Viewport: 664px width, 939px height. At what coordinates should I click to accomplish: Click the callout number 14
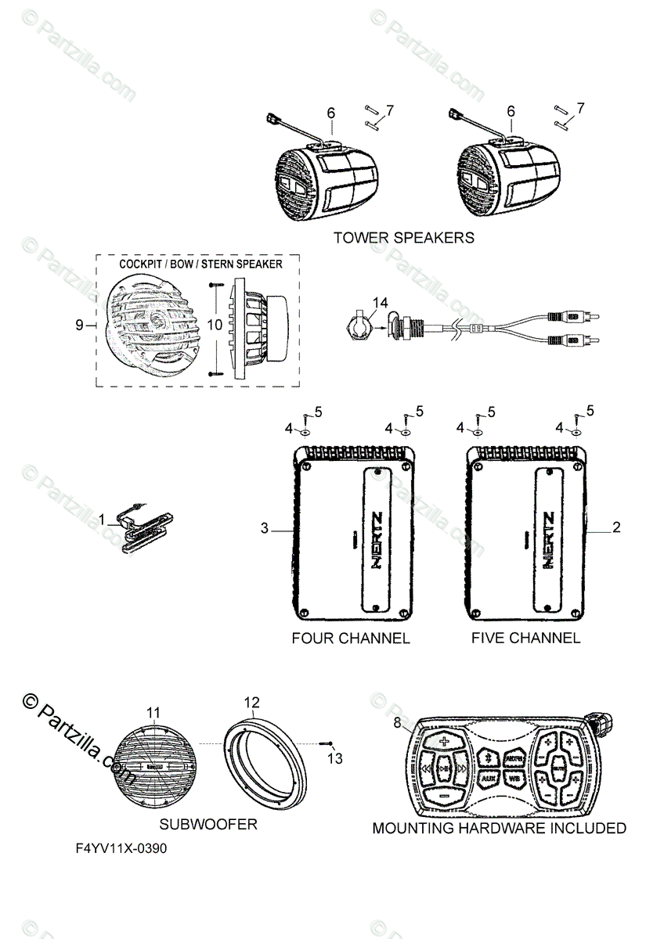380,301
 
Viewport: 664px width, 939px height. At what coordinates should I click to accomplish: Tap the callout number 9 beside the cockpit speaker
79,324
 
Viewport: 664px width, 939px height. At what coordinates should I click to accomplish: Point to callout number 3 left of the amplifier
265,529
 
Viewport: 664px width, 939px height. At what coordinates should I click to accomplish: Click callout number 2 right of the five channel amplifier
616,528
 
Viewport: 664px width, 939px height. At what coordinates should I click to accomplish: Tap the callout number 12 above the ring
251,702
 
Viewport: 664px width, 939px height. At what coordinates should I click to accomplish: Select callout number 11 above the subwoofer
153,712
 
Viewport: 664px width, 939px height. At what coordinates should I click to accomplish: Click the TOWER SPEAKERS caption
403,236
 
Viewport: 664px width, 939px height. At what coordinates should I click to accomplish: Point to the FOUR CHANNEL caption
350,638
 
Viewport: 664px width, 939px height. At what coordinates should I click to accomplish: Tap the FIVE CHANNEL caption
525,638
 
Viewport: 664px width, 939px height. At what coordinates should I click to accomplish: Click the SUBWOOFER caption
208,824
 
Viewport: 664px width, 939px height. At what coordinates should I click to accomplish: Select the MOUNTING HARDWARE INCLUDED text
499,828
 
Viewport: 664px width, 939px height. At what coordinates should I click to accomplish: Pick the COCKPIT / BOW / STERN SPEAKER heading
200,264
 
